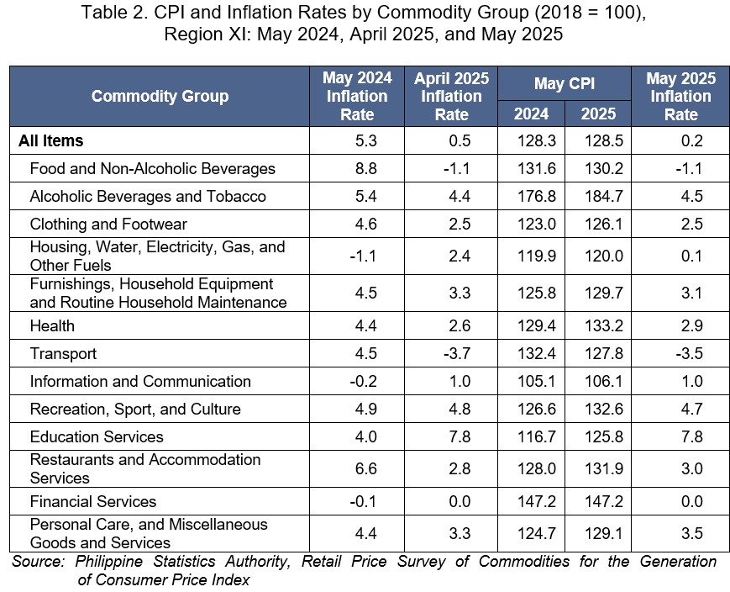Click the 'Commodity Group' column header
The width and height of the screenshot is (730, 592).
click(x=160, y=96)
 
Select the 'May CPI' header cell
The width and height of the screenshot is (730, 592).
click(x=565, y=83)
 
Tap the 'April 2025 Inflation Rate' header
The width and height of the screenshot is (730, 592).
click(x=451, y=96)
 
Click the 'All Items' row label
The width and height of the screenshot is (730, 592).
click(x=50, y=140)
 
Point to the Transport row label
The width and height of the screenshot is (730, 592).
click(x=63, y=353)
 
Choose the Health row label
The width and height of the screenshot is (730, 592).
click(x=52, y=325)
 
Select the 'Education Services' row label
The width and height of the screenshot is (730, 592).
click(x=97, y=436)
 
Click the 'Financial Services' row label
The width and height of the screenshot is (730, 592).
click(x=93, y=501)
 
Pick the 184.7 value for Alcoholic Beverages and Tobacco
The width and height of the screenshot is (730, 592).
click(x=604, y=196)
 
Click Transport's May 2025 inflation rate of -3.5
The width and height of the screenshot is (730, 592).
click(x=689, y=353)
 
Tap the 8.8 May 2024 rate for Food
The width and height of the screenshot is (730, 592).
click(x=366, y=169)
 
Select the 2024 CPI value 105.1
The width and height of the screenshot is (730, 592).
click(x=537, y=381)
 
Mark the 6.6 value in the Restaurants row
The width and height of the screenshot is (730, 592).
click(x=366, y=468)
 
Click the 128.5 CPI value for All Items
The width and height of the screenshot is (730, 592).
click(x=604, y=140)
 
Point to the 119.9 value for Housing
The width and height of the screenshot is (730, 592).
click(x=537, y=256)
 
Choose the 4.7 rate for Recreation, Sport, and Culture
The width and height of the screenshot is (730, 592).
click(x=692, y=409)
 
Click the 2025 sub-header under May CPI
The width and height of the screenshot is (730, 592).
click(x=598, y=114)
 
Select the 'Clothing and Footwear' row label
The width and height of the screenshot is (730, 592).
click(x=108, y=225)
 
